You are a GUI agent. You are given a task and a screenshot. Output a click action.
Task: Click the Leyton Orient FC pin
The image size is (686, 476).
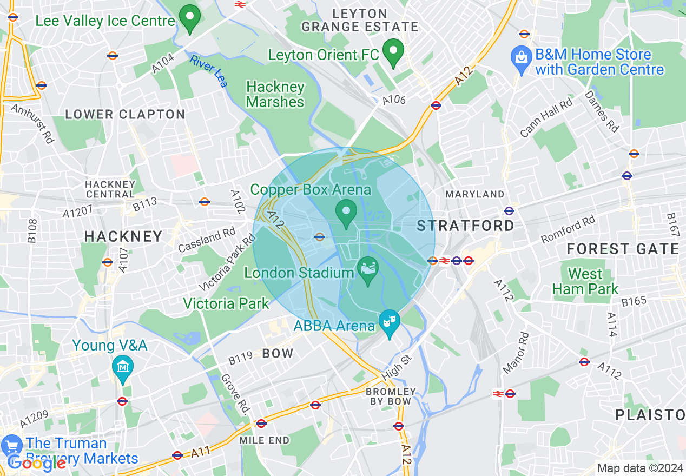coord(393,52)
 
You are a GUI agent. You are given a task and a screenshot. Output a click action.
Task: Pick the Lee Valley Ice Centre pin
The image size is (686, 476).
coord(189,18)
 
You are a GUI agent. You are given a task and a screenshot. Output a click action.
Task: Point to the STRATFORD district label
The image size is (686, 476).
coord(466,226)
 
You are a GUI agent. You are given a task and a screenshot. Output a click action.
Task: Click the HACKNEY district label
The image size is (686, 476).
coord(123,236)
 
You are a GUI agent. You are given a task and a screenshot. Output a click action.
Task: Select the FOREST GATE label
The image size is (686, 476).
coord(623,249)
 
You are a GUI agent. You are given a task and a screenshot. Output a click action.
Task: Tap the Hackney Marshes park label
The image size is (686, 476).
coord(275,94)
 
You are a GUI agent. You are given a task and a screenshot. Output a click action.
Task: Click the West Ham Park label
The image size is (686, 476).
coord(585,281)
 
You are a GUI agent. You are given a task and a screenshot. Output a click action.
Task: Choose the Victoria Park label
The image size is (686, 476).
coord(226,303)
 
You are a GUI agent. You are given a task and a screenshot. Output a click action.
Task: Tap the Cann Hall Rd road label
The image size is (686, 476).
coord(546,117)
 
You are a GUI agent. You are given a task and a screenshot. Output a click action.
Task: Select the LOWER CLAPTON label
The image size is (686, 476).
coord(125,115)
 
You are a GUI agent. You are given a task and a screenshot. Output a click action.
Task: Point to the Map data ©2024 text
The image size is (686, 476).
coord(640,468)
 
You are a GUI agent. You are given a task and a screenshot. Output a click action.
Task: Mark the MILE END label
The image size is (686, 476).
coord(265,440)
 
